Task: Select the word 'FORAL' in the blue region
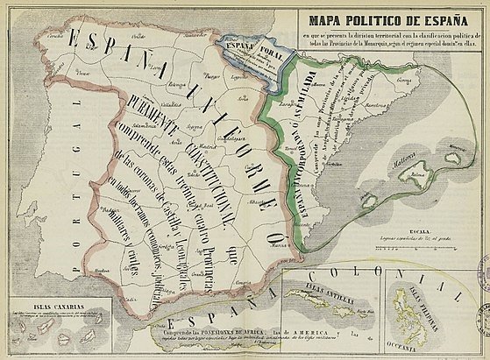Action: tap(263, 39)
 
